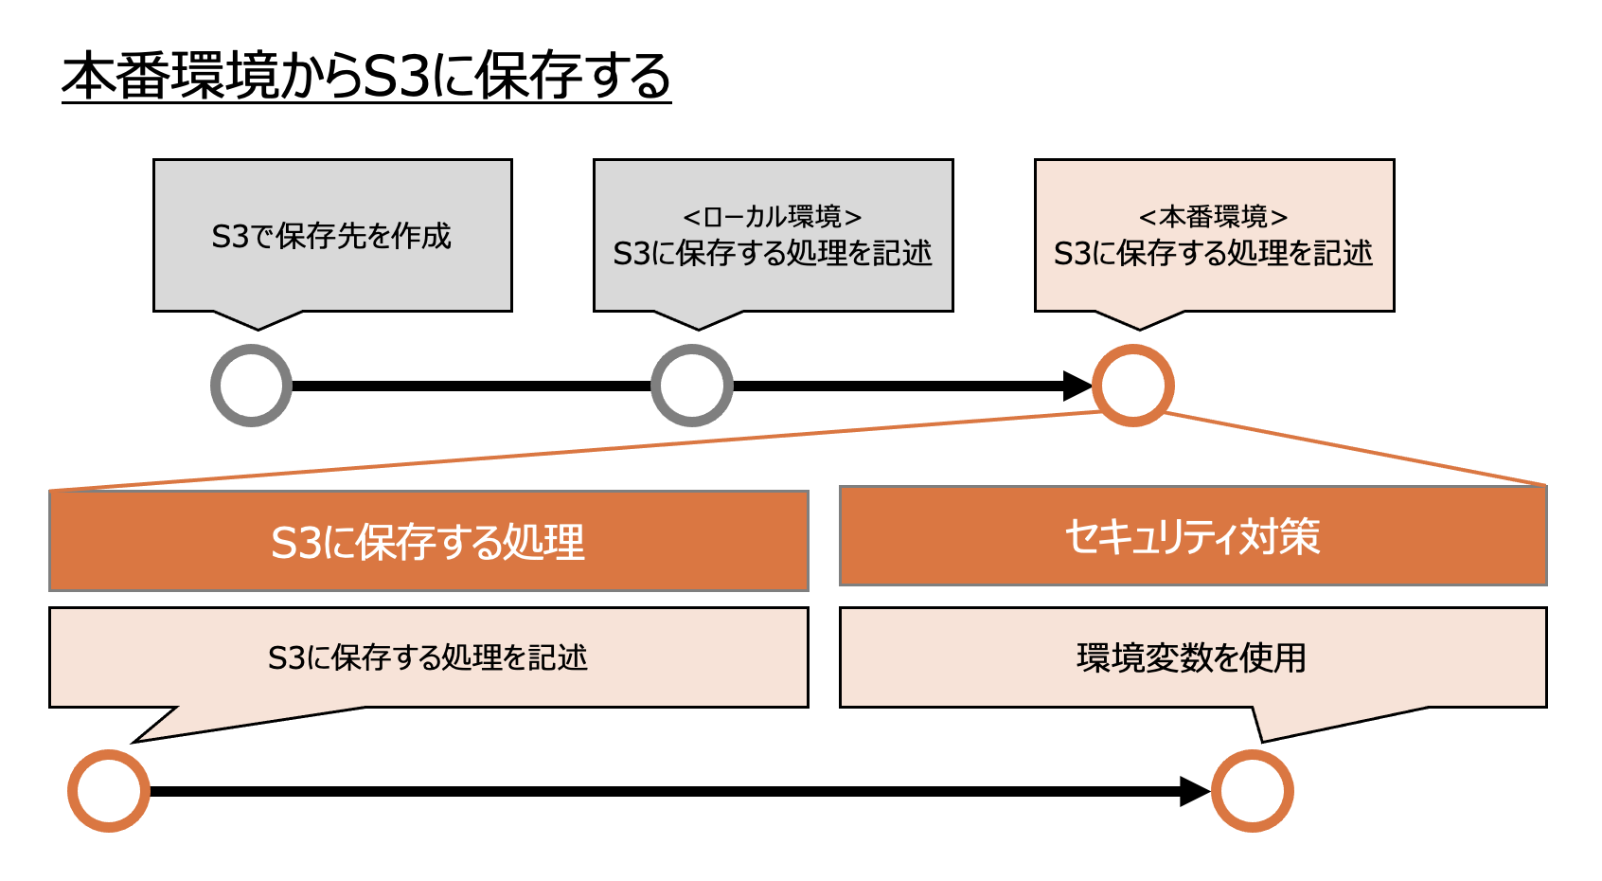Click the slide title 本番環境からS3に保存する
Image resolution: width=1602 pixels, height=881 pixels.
pos(365,77)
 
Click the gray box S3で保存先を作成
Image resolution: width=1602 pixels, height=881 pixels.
pos(331,236)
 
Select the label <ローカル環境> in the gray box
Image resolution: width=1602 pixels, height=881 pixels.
pos(772,217)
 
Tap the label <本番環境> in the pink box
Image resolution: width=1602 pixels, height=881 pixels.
pos(1213,217)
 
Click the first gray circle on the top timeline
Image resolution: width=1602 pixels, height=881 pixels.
pos(251,386)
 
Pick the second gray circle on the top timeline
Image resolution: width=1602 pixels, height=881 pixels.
pos(692,386)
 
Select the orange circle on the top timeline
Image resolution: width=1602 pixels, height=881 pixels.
pos(1133,386)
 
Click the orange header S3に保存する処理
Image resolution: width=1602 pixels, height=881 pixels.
pos(428,542)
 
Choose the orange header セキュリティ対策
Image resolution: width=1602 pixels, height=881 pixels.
pos(1192,536)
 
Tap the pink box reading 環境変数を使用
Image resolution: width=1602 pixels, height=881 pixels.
pos(1192,657)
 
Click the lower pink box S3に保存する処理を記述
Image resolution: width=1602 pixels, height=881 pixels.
pos(428,657)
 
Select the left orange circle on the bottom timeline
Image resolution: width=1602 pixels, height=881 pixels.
pos(109,791)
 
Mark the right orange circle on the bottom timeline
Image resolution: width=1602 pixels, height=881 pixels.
pos(1252,791)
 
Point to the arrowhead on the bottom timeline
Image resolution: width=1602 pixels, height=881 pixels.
pos(1194,791)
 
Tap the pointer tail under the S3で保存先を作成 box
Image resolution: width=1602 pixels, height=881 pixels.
pos(258,319)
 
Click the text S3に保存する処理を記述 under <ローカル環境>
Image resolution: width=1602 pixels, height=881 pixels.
pos(772,254)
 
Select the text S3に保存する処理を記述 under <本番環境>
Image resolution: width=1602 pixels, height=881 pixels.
pos(1213,254)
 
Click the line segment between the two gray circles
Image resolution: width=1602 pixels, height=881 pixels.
pos(472,386)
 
